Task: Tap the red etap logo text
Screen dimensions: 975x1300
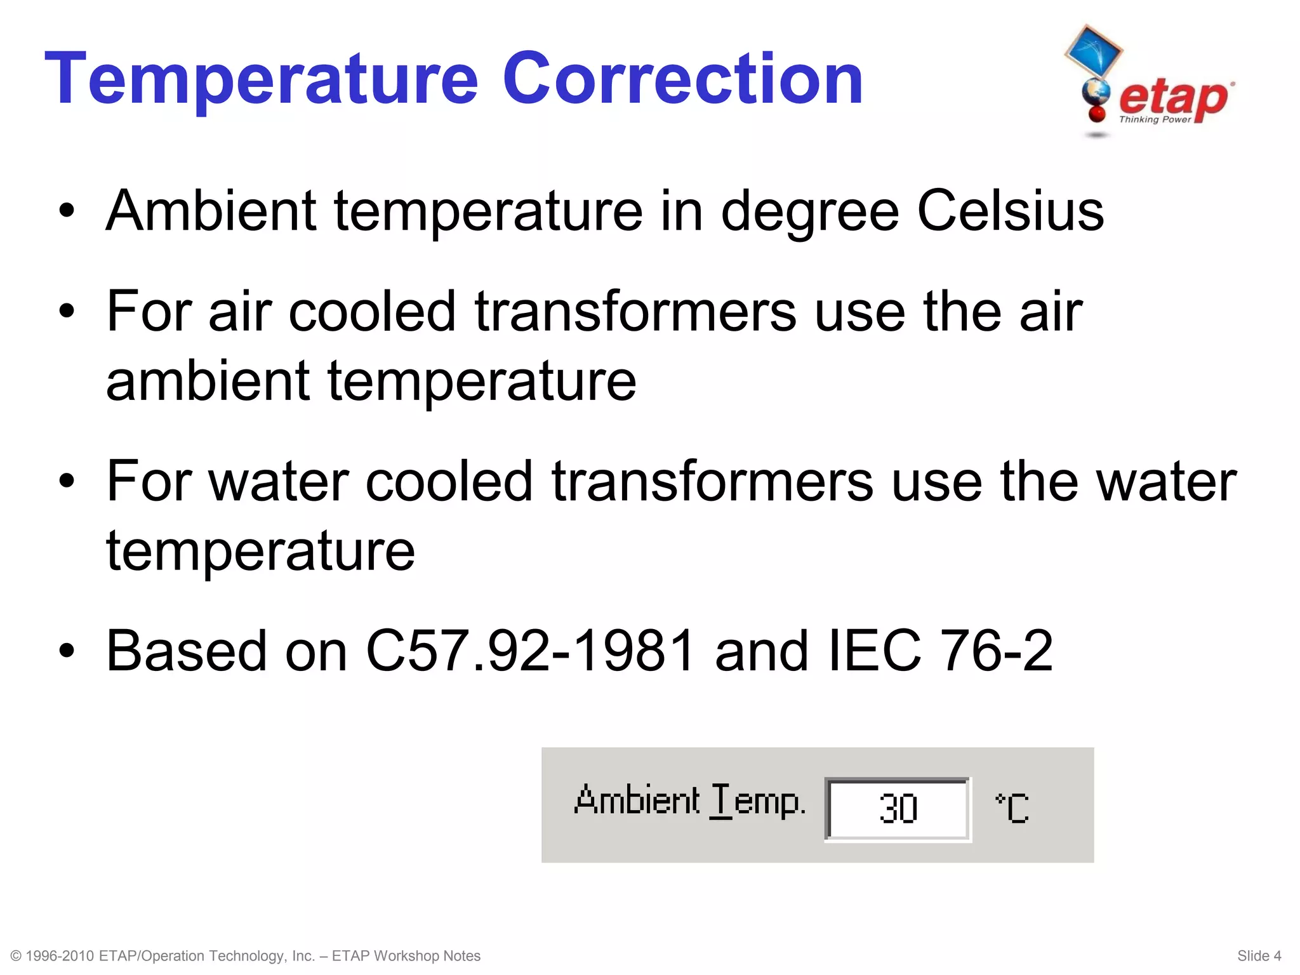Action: click(x=1173, y=98)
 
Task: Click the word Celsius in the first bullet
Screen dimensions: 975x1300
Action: click(x=1011, y=211)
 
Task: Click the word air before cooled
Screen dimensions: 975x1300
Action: click(x=240, y=312)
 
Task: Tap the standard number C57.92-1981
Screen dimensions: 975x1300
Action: click(x=530, y=651)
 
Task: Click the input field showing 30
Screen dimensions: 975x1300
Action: click(x=898, y=809)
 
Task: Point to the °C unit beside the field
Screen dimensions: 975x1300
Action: click(x=1012, y=808)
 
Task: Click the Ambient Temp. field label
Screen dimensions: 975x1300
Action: click(x=689, y=801)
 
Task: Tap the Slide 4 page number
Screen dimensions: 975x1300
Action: click(x=1259, y=956)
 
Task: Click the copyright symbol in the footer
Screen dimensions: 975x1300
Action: click(x=17, y=956)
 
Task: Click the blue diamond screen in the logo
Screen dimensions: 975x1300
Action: click(x=1093, y=51)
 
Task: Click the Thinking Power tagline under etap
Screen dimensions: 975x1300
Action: click(x=1154, y=119)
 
